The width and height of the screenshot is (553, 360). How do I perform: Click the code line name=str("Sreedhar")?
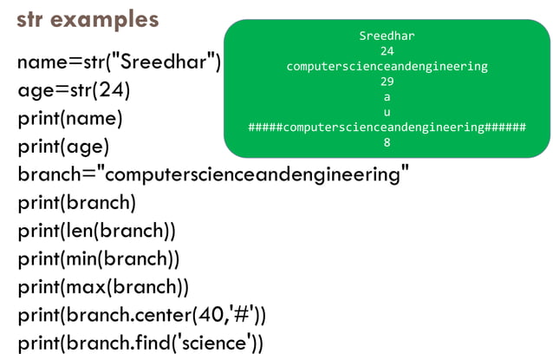point(120,62)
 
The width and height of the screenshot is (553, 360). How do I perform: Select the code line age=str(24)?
point(74,90)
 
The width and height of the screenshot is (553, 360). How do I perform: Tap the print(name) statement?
point(70,119)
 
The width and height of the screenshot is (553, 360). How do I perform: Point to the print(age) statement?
point(64,147)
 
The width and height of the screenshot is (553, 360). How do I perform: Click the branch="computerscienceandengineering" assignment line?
point(213,174)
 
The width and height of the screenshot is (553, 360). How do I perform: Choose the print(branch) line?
point(77,203)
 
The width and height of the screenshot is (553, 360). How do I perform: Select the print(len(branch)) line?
point(96,231)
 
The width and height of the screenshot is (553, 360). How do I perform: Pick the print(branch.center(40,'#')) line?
point(142,314)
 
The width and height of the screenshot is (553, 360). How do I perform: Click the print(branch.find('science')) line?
point(140,343)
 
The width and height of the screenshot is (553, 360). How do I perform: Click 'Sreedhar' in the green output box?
point(387,36)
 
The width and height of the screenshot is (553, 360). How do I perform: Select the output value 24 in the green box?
point(387,50)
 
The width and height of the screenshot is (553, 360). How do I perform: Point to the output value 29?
point(387,82)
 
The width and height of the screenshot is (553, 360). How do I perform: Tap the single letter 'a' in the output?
point(387,97)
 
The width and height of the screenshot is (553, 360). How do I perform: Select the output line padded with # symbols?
point(387,128)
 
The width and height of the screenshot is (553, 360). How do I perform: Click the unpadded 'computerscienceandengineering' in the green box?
point(387,66)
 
